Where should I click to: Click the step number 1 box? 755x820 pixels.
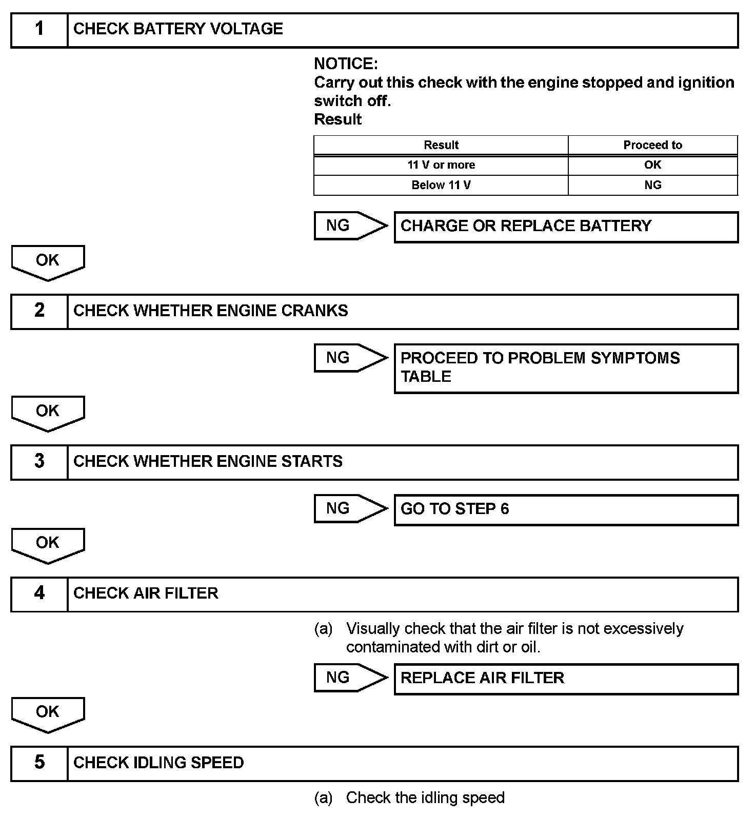(x=39, y=30)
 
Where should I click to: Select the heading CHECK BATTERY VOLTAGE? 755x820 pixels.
(x=178, y=29)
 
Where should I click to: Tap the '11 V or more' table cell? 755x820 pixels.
(x=441, y=165)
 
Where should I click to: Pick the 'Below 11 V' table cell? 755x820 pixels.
(x=441, y=185)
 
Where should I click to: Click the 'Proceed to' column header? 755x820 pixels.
(x=652, y=145)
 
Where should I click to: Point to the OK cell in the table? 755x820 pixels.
(x=652, y=165)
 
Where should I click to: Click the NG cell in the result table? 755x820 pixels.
(x=652, y=185)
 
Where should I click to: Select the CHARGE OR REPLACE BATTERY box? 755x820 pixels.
(x=566, y=227)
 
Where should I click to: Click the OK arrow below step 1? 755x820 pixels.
(x=48, y=261)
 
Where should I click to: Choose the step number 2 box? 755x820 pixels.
(x=39, y=311)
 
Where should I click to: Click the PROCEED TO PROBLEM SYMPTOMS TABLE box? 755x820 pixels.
(x=566, y=368)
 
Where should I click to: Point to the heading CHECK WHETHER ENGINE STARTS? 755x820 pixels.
(x=208, y=461)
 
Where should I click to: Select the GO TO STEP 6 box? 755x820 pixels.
(x=566, y=509)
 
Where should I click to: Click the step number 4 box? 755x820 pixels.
(x=39, y=594)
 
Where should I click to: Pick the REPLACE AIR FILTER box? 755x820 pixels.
(x=566, y=679)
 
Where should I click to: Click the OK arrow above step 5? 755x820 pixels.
(x=48, y=713)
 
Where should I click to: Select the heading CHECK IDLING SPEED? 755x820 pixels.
(x=158, y=763)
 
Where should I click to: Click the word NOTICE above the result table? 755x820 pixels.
(x=346, y=64)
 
